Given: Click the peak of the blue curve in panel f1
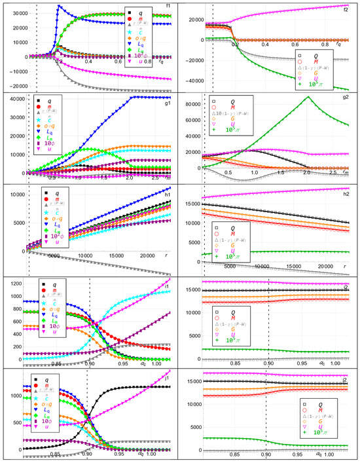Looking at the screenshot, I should point(59,7).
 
